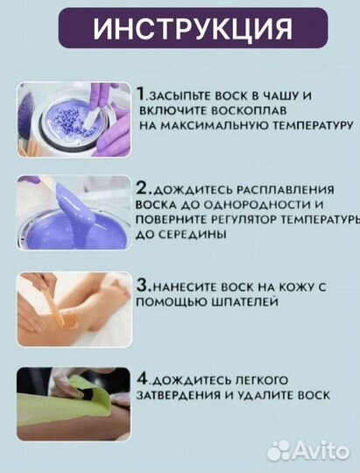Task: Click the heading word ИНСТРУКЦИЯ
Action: (x=193, y=28)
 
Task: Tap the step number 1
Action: (x=141, y=94)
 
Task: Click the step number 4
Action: (x=143, y=378)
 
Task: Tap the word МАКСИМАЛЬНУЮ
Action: (x=214, y=125)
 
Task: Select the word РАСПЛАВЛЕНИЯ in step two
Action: (x=285, y=190)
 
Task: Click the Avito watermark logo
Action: (x=308, y=450)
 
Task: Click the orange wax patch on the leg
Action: (x=70, y=321)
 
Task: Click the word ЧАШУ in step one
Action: (x=276, y=96)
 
